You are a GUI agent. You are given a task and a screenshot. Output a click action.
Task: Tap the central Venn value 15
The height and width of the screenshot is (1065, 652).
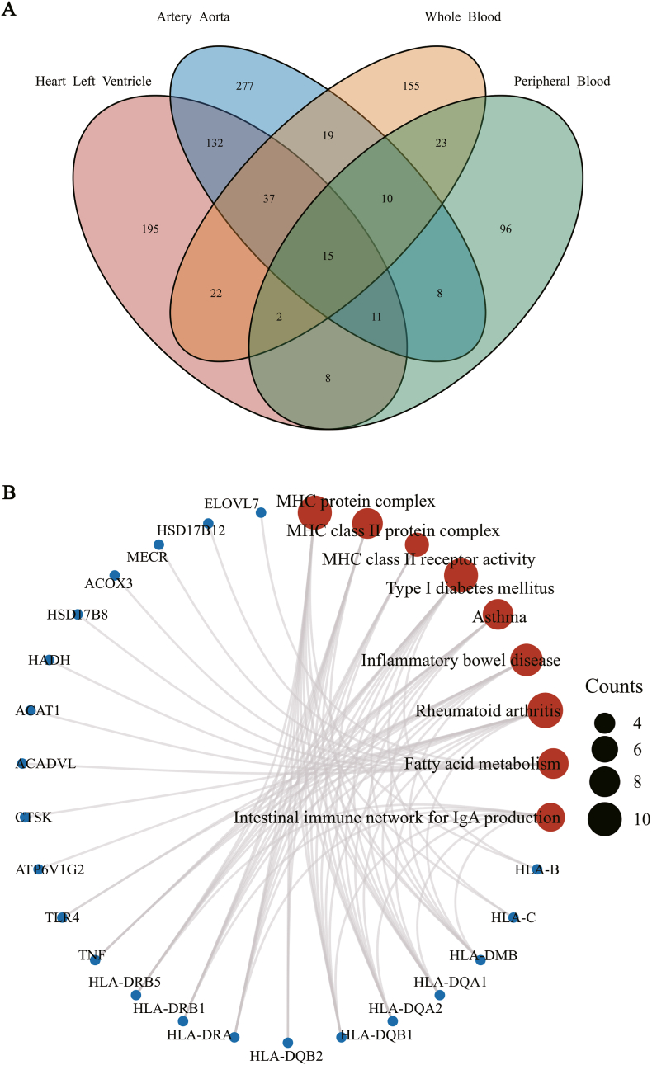[x=328, y=257]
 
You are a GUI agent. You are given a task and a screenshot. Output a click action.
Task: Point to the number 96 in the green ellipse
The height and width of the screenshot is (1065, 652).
[x=505, y=229]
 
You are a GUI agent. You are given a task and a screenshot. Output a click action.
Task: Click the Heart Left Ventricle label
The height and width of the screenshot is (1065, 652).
[x=93, y=81]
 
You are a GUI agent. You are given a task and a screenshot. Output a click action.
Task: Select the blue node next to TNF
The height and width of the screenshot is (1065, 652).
[x=96, y=959]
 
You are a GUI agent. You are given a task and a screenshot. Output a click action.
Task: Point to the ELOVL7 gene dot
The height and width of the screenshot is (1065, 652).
[x=261, y=512]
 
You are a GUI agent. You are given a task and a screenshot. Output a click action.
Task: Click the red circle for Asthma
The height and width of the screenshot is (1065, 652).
[x=498, y=615]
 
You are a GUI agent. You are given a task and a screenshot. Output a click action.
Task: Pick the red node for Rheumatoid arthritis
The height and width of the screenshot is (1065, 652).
[x=545, y=710]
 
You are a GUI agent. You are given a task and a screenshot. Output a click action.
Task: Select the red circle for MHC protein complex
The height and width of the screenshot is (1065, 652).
[x=314, y=512]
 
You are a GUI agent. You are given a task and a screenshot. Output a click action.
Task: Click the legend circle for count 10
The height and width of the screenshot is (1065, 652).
[x=605, y=819]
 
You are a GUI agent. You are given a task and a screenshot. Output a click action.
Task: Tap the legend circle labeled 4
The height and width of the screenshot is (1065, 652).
[x=605, y=723]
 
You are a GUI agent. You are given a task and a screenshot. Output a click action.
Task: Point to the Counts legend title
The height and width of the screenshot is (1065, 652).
[x=614, y=686]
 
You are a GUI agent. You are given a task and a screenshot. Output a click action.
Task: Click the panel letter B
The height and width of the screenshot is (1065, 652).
[x=9, y=492]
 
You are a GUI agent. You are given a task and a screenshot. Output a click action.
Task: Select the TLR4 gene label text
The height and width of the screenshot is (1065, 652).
[x=62, y=917]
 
